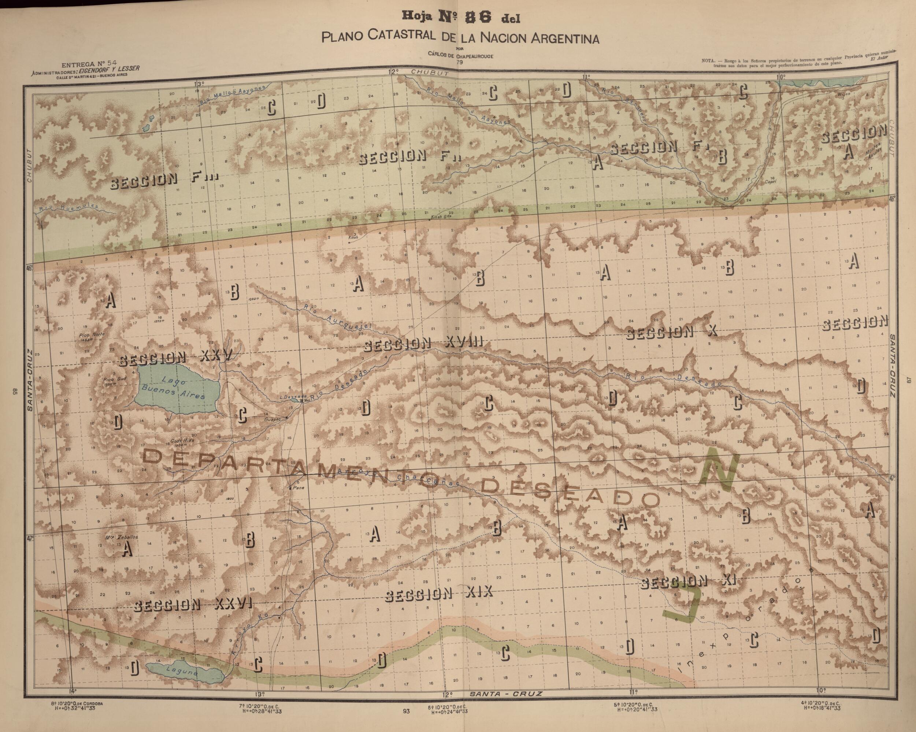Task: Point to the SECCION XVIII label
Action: coord(424,344)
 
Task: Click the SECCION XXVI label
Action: coord(193,605)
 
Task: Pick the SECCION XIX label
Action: coord(438,594)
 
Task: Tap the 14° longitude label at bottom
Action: coord(72,690)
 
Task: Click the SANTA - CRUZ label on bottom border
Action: coord(505,694)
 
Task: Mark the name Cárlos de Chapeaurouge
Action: coord(460,56)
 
